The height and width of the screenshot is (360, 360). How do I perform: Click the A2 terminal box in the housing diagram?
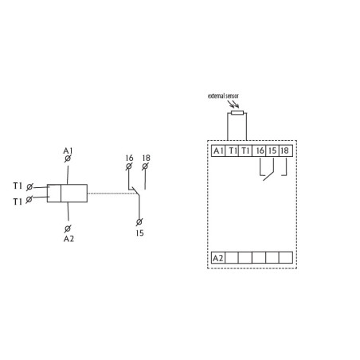[217, 258]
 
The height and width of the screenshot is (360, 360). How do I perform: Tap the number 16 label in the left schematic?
[129, 158]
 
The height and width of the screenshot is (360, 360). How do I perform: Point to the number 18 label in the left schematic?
[146, 158]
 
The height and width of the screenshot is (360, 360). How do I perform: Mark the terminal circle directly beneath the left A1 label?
[67, 160]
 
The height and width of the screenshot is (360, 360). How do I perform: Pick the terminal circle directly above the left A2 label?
[67, 227]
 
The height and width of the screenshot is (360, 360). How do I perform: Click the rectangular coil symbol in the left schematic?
[67, 193]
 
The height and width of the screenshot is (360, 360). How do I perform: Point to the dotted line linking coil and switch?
[108, 193]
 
